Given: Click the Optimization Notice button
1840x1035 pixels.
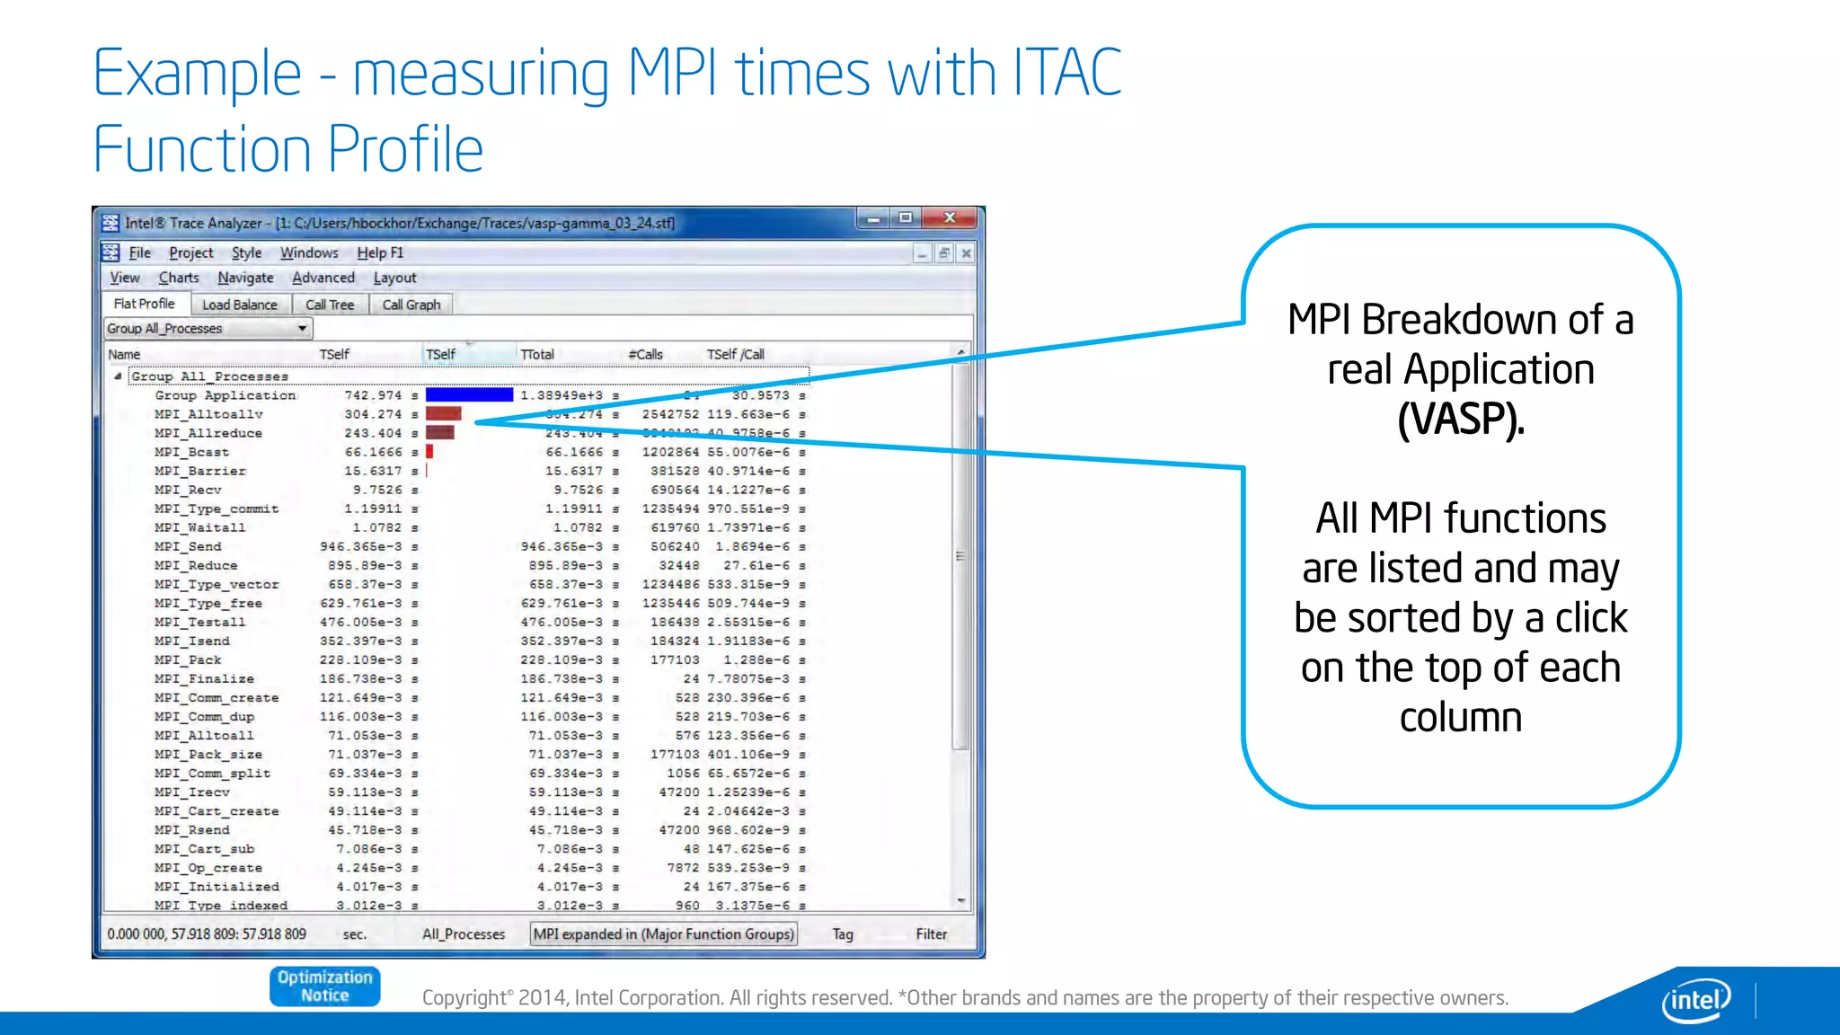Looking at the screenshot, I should coord(324,986).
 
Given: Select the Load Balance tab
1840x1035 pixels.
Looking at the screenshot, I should coord(240,305).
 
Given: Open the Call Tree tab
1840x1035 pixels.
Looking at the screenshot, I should coord(330,305).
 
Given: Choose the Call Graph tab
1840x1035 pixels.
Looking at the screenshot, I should coord(411,305).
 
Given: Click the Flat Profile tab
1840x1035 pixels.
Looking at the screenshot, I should coord(145,304).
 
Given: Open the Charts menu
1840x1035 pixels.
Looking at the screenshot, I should coord(179,278).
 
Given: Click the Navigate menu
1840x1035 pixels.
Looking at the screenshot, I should coord(245,278).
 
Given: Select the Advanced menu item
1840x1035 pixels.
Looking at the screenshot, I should coord(323,278).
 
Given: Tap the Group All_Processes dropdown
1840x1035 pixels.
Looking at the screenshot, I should coord(208,329).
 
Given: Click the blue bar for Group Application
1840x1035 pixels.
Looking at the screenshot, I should coord(469,394).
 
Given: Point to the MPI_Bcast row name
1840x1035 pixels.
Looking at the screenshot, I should coord(191,452).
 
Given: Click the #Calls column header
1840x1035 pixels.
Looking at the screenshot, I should coord(645,354).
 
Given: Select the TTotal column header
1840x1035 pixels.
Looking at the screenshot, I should coord(537,354).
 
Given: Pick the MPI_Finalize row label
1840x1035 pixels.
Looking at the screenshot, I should coord(204,678).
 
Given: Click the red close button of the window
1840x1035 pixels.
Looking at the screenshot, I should coord(950,218).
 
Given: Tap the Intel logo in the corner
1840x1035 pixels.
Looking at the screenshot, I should coord(1695,999).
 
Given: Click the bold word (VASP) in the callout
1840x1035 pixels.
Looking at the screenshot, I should coord(1461,419).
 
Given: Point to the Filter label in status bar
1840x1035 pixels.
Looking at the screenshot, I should coord(931,934).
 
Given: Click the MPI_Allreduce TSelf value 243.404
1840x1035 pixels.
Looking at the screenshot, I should coord(373,433).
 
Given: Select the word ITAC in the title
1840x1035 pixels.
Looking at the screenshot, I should coord(1067,73).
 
